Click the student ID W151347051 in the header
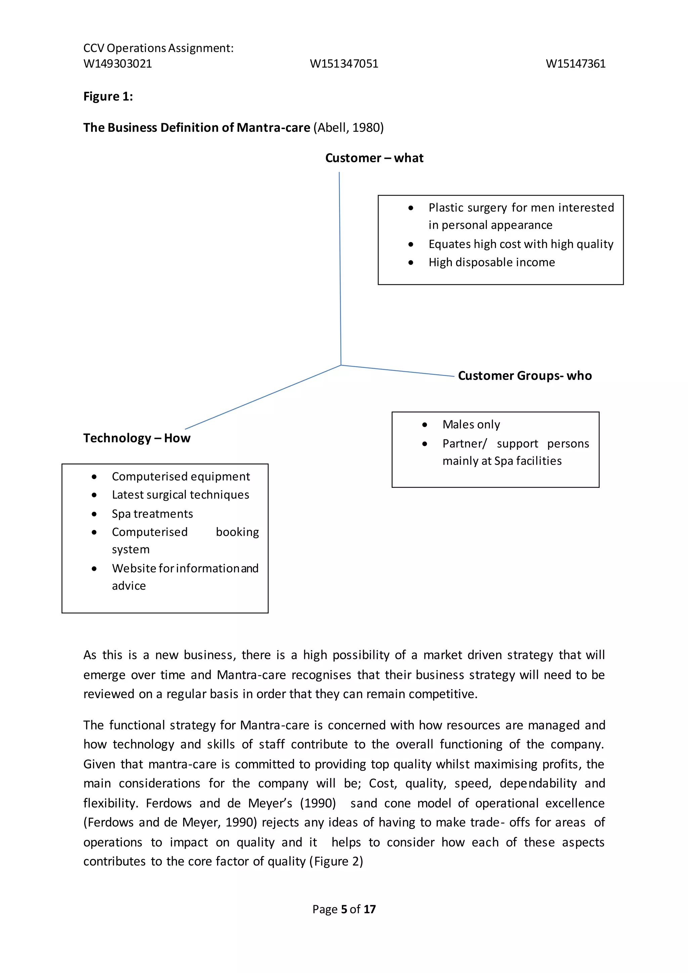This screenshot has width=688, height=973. click(x=344, y=64)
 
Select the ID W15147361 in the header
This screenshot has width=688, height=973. click(x=575, y=64)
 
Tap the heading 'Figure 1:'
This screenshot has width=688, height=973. click(x=108, y=97)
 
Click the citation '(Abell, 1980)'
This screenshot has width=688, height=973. click(x=348, y=128)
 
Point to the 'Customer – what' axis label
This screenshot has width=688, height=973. click(x=374, y=158)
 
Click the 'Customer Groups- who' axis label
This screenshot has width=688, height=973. click(x=524, y=376)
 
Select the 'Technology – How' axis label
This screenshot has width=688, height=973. click(x=136, y=438)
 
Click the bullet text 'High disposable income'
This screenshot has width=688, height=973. click(x=491, y=262)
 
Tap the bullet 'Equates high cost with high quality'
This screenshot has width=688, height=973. click(x=521, y=244)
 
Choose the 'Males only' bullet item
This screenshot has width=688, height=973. click(x=471, y=424)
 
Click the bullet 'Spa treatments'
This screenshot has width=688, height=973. click(x=152, y=514)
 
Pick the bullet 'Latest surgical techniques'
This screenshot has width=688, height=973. click(x=180, y=495)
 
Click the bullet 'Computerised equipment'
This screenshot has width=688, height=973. click(x=181, y=476)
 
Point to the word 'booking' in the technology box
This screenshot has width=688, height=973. click(x=237, y=532)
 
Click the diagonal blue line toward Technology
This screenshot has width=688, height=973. click(x=263, y=397)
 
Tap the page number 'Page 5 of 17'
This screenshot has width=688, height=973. click(x=344, y=909)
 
